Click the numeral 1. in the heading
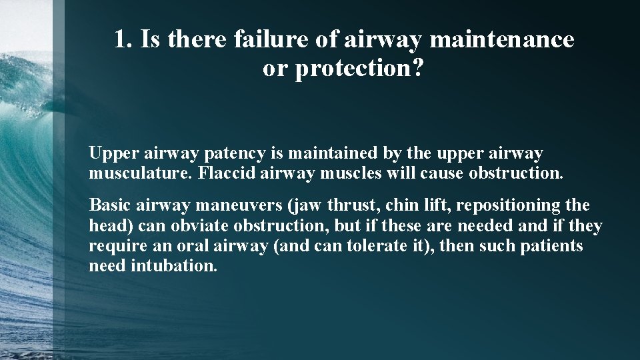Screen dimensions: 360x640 tap(122, 40)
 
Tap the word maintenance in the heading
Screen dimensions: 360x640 tap(502, 40)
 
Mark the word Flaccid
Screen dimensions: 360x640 tap(224, 175)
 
